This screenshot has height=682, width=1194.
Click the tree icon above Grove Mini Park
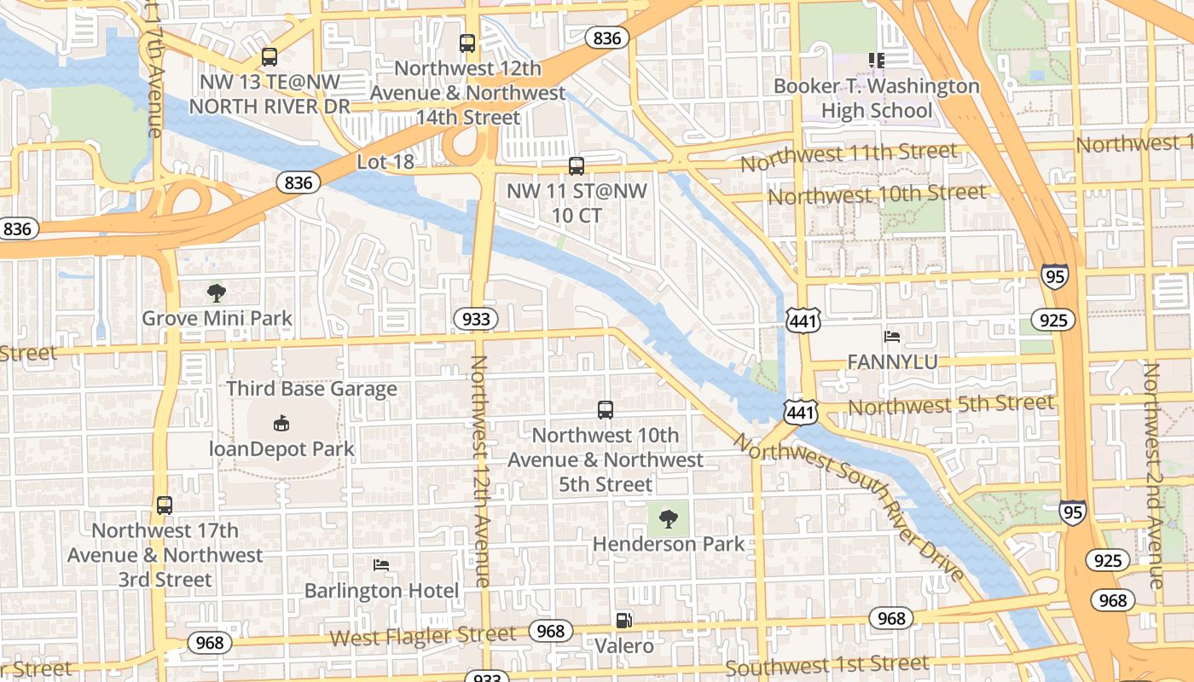(x=217, y=293)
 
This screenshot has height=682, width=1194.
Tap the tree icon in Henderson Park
(x=669, y=517)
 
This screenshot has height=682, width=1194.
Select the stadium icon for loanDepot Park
(x=281, y=423)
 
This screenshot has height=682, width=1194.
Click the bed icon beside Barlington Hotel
(x=381, y=564)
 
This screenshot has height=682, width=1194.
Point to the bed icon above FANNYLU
(x=892, y=337)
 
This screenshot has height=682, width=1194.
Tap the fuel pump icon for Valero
(x=625, y=621)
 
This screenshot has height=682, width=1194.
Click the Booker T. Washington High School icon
(x=876, y=60)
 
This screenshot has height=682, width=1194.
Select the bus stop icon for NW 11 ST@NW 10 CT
(x=577, y=165)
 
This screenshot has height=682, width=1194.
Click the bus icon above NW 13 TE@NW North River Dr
(x=270, y=57)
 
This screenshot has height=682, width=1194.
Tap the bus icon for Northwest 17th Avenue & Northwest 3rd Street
(x=165, y=505)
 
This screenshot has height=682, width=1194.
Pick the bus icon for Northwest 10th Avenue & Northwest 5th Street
(x=606, y=410)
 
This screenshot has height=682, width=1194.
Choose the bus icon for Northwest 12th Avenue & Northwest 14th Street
(x=467, y=43)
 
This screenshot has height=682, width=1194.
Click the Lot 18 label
(x=385, y=161)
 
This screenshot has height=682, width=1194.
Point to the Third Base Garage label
(x=311, y=389)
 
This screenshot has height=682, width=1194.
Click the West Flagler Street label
(x=423, y=635)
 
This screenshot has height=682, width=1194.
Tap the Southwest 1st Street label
(x=826, y=665)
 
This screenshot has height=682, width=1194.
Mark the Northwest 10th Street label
(x=877, y=194)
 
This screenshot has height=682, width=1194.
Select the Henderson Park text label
(x=669, y=544)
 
